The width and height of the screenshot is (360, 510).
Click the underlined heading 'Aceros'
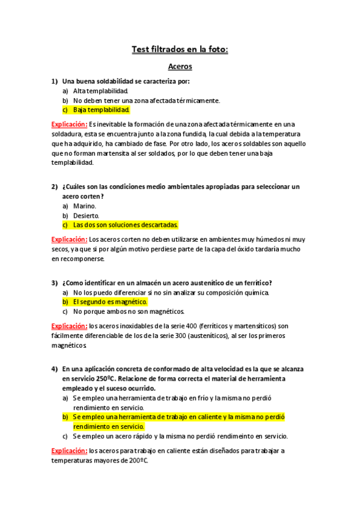click(180, 67)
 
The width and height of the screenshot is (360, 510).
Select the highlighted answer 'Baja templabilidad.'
click(101, 110)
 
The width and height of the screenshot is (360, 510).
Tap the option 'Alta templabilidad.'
click(100, 91)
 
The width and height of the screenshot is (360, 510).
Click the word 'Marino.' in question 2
click(85, 206)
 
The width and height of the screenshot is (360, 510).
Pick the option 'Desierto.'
click(87, 215)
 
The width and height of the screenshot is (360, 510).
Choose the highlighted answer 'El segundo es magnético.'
click(109, 301)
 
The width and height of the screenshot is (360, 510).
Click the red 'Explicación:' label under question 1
click(70, 124)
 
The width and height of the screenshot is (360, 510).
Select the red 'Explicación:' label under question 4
click(70, 450)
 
